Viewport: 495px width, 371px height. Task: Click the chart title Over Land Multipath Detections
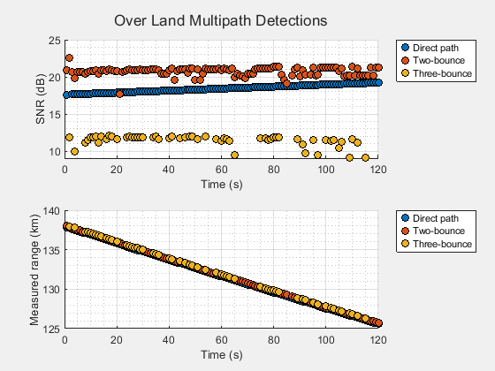pos(221,19)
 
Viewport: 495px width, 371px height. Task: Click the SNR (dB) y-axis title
pos(42,95)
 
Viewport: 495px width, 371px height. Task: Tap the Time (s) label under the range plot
pos(221,354)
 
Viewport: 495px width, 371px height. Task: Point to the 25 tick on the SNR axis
pos(56,41)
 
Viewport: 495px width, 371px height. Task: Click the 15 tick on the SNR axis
pos(56,115)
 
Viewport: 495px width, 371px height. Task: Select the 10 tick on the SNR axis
pos(56,151)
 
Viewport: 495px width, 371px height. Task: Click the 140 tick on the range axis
pos(52,212)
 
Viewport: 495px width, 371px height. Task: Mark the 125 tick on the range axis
pos(52,329)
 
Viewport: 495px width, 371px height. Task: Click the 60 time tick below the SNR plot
pos(221,163)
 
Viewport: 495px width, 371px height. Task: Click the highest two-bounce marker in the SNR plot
pos(69,58)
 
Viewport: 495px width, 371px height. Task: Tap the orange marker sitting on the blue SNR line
pos(119,93)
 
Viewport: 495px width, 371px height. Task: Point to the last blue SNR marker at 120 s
pos(378,82)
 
